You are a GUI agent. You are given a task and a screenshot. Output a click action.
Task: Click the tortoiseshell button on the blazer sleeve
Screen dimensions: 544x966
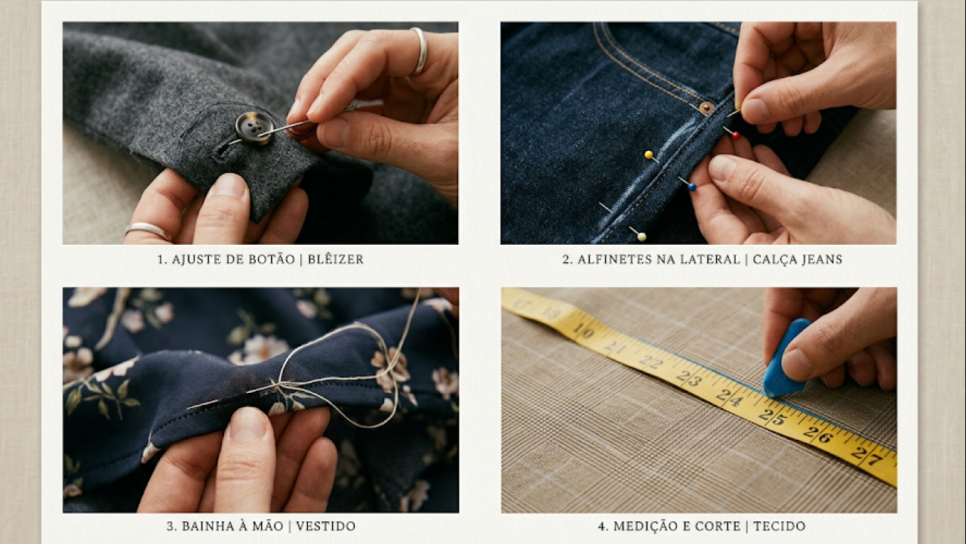(x=254, y=127)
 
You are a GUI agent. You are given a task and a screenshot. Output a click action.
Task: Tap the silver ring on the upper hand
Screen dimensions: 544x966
(x=419, y=51)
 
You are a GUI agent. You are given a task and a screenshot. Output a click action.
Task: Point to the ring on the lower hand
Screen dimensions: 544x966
(x=148, y=230)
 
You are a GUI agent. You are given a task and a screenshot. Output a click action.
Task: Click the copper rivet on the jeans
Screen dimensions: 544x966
(x=706, y=108)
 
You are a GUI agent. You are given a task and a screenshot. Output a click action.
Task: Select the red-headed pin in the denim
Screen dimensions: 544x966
(x=736, y=136)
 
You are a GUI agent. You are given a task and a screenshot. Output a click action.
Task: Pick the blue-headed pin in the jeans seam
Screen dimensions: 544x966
(x=692, y=187)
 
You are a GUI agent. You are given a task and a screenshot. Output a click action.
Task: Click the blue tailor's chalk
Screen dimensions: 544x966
(x=785, y=359)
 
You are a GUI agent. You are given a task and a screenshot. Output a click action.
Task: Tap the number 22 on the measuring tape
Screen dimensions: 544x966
(x=650, y=361)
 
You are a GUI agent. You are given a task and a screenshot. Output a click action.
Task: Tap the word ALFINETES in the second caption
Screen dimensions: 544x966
(x=614, y=259)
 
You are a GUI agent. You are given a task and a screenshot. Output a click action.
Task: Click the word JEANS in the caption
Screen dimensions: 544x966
(x=819, y=259)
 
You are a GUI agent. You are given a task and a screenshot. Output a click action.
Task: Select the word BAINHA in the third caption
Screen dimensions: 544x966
(x=206, y=526)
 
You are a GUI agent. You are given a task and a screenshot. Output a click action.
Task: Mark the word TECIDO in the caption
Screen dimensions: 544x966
(x=780, y=526)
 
